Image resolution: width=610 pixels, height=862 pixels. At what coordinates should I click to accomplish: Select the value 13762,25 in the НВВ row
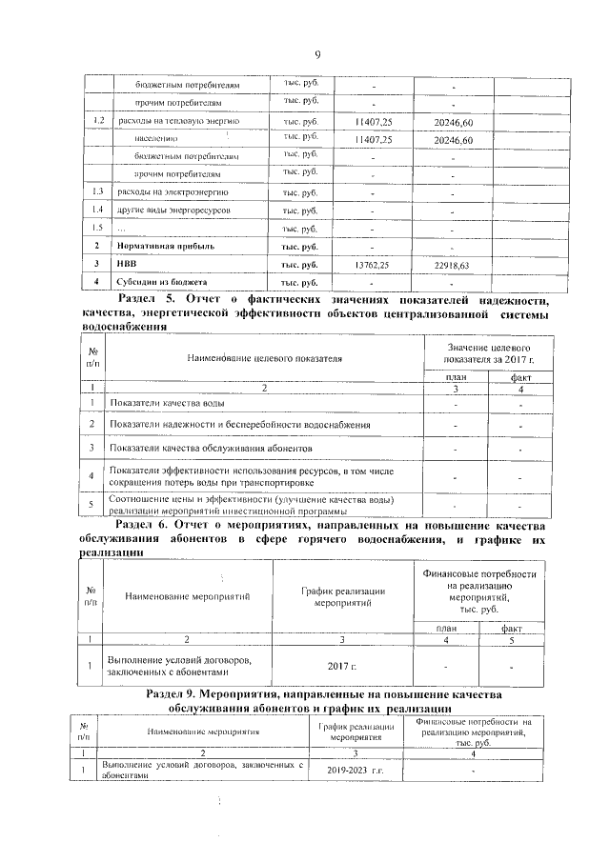pyautogui.click(x=372, y=264)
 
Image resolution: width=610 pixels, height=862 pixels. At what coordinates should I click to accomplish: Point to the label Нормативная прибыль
pyautogui.click(x=160, y=246)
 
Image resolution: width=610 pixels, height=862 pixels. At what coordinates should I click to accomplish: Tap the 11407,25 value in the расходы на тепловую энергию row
pyautogui.click(x=372, y=122)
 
